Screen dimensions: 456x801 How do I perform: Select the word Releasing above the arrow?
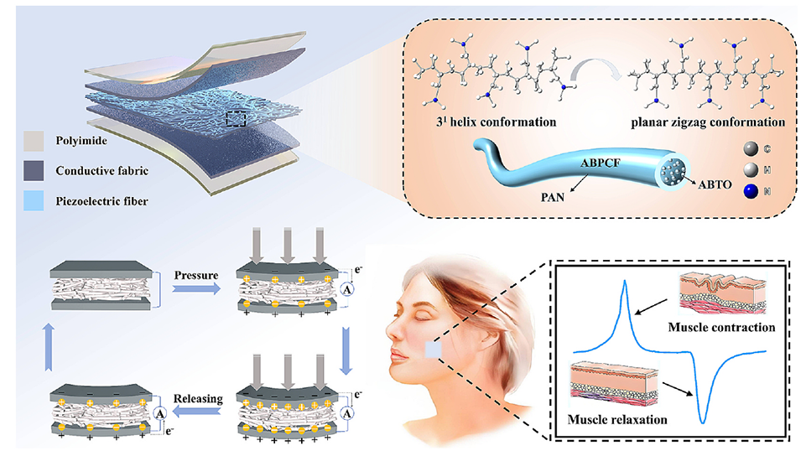pos(198,398)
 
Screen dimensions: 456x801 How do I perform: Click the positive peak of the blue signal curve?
pos(624,282)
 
